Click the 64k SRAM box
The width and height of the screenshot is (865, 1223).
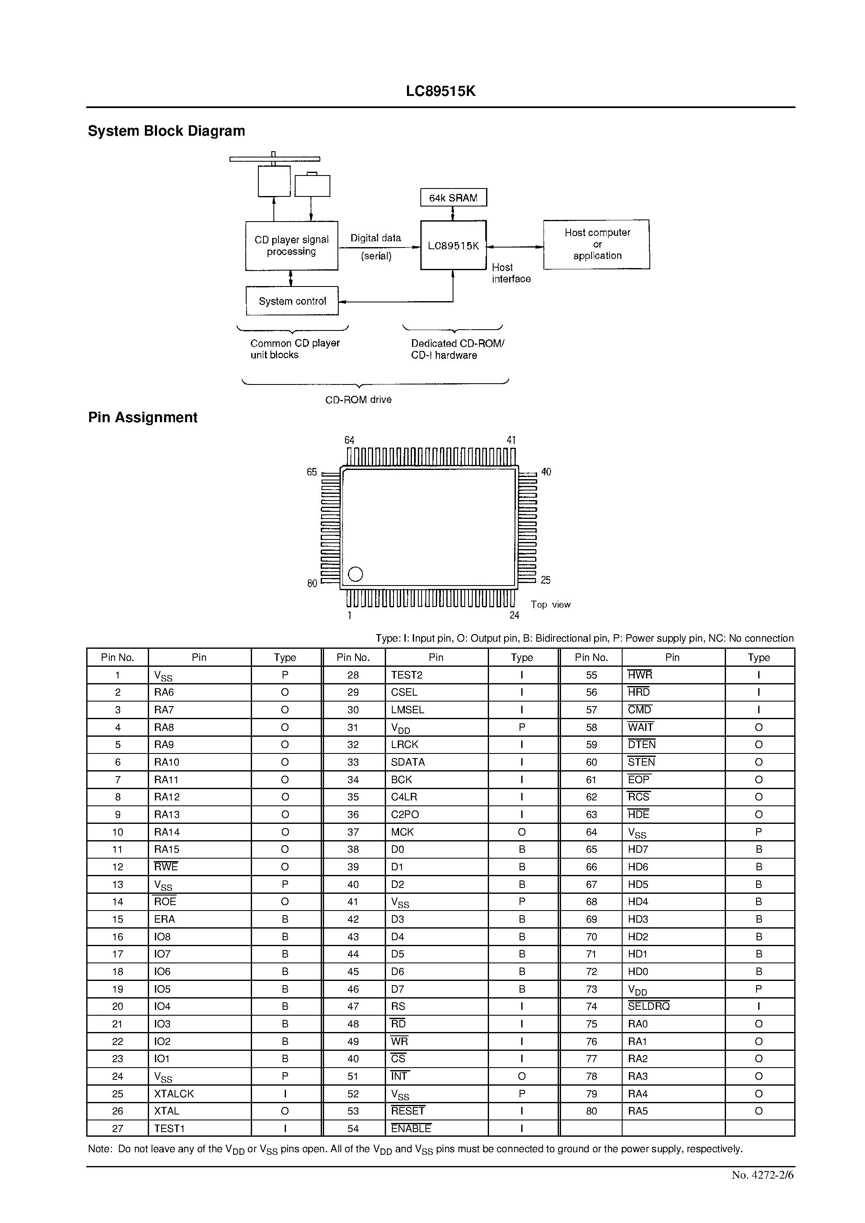pos(453,198)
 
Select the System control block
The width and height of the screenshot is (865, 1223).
pos(292,301)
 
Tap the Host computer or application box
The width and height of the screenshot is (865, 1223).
pos(597,245)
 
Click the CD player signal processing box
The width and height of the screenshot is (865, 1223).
pos(291,245)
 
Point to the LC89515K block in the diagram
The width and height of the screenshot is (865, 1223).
pos(453,245)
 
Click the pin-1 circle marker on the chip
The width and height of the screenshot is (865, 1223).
pos(355,574)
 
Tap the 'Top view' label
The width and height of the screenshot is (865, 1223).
pos(550,604)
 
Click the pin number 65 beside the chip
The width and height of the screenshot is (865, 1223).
pos(312,472)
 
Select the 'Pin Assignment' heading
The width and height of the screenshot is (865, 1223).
pos(143,418)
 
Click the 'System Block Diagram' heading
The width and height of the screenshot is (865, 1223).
pos(166,131)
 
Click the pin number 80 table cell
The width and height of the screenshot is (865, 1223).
pos(591,1111)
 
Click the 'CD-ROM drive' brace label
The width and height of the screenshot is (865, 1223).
pos(358,400)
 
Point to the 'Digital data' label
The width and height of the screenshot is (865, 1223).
pos(376,238)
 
